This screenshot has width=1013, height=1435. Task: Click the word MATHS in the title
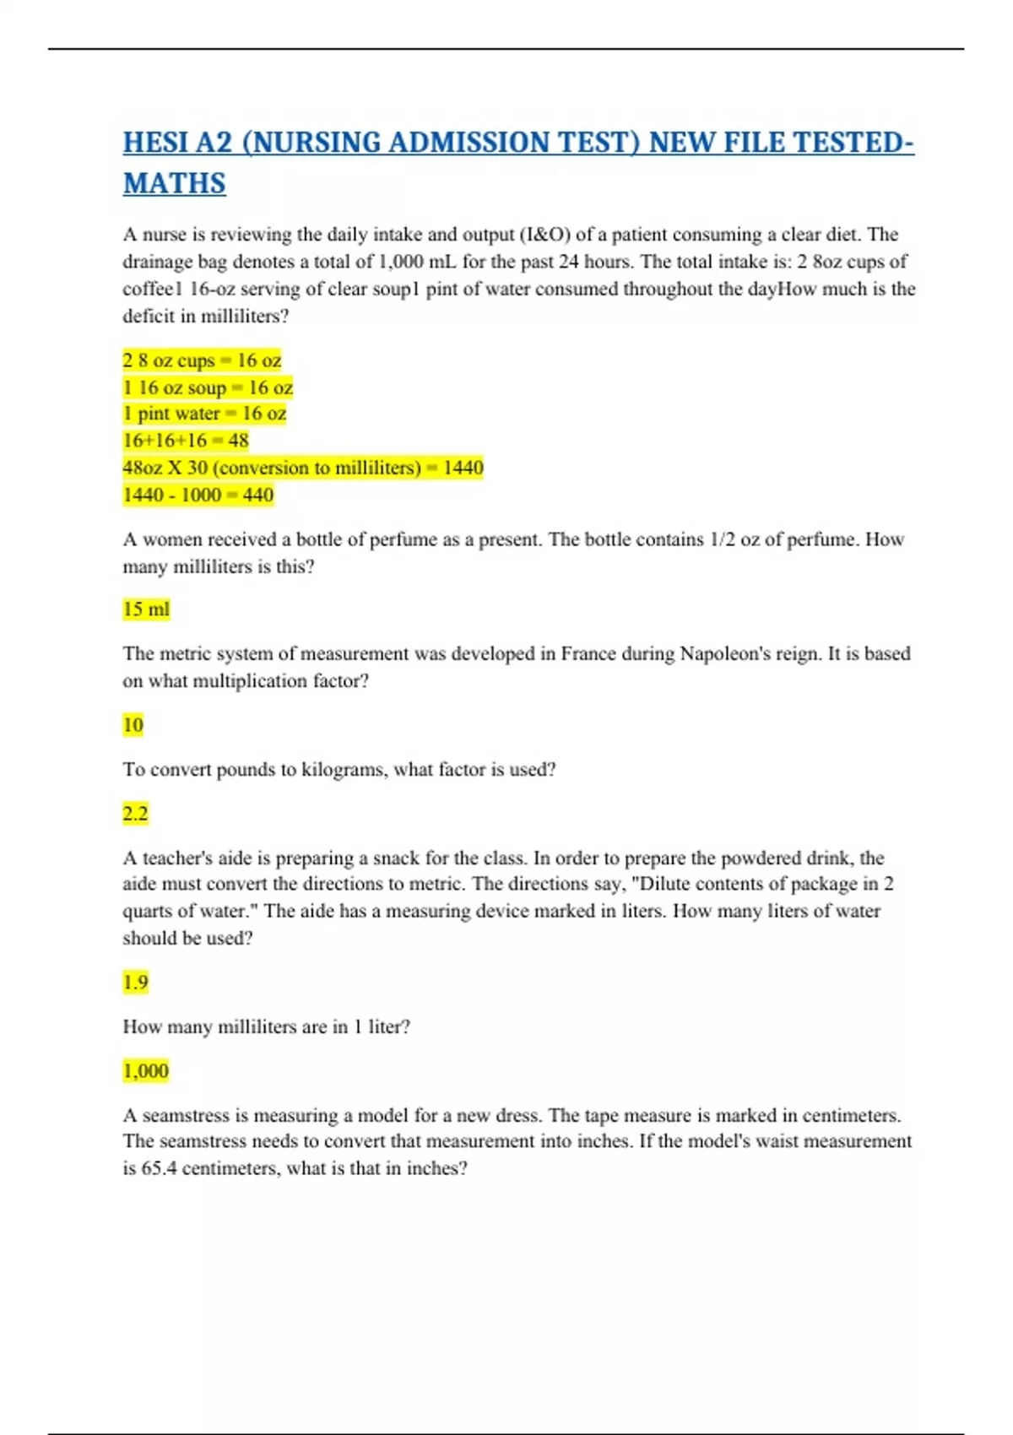click(175, 183)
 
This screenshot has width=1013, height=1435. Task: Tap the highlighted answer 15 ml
click(146, 609)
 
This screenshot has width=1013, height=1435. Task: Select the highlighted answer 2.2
click(135, 814)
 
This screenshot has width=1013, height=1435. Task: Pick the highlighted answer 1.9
click(135, 982)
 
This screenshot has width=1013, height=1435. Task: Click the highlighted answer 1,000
click(146, 1070)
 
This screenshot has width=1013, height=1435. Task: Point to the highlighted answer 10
click(133, 724)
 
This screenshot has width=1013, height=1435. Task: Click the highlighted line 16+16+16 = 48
click(186, 440)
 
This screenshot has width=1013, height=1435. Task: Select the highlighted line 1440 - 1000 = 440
click(198, 495)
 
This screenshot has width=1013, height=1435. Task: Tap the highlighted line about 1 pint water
click(204, 414)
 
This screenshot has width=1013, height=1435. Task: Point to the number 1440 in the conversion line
click(463, 468)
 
